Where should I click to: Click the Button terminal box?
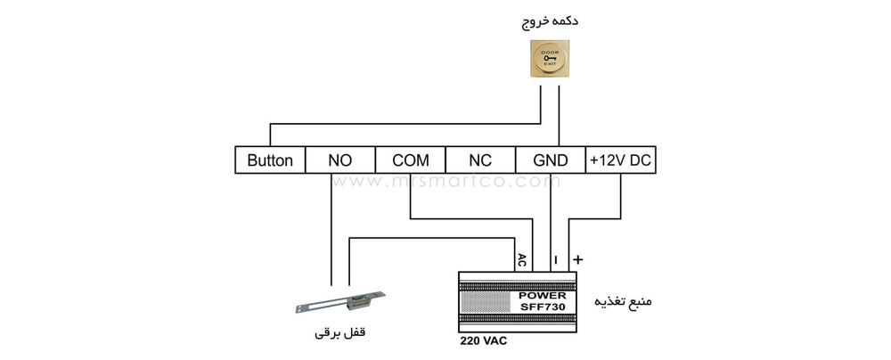coord(269,160)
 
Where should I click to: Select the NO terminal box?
coord(339,160)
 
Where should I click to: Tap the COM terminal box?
coord(410,160)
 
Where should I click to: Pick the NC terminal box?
coord(480,160)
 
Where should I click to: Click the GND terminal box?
coord(550,160)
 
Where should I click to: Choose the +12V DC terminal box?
coord(621,160)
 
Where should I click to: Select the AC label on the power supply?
coord(522,260)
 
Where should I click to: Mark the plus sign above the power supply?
coord(577,259)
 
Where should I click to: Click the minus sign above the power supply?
coord(554,260)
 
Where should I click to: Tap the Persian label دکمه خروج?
coord(550,20)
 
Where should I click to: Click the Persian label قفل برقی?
coord(341,337)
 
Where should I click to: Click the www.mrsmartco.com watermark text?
coord(445,181)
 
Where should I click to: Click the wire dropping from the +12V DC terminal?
coord(620,196)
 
